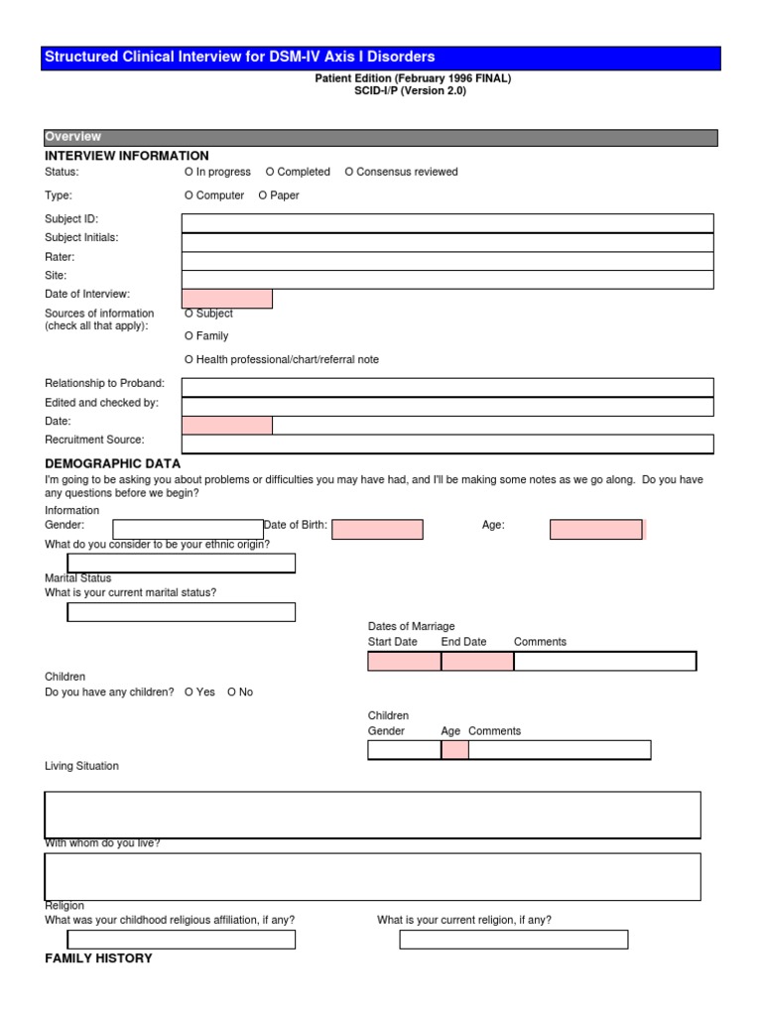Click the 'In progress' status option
[x=190, y=172]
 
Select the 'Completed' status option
[x=271, y=172]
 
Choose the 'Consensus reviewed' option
[x=349, y=172]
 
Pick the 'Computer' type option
[x=190, y=195]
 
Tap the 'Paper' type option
[x=263, y=195]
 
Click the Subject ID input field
[x=446, y=223]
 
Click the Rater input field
[x=446, y=261]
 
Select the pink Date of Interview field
[x=226, y=299]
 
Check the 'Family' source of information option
[x=190, y=336]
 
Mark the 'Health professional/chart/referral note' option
[x=190, y=359]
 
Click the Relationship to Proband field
[x=446, y=387]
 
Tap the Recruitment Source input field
[x=446, y=444]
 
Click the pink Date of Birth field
[x=377, y=530]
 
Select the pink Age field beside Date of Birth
[x=596, y=530]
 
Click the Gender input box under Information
[x=188, y=530]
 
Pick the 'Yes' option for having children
[x=190, y=692]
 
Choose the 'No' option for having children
[x=232, y=692]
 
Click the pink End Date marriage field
[x=477, y=661]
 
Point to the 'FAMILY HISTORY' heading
[x=99, y=958]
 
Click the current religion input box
[x=513, y=940]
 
